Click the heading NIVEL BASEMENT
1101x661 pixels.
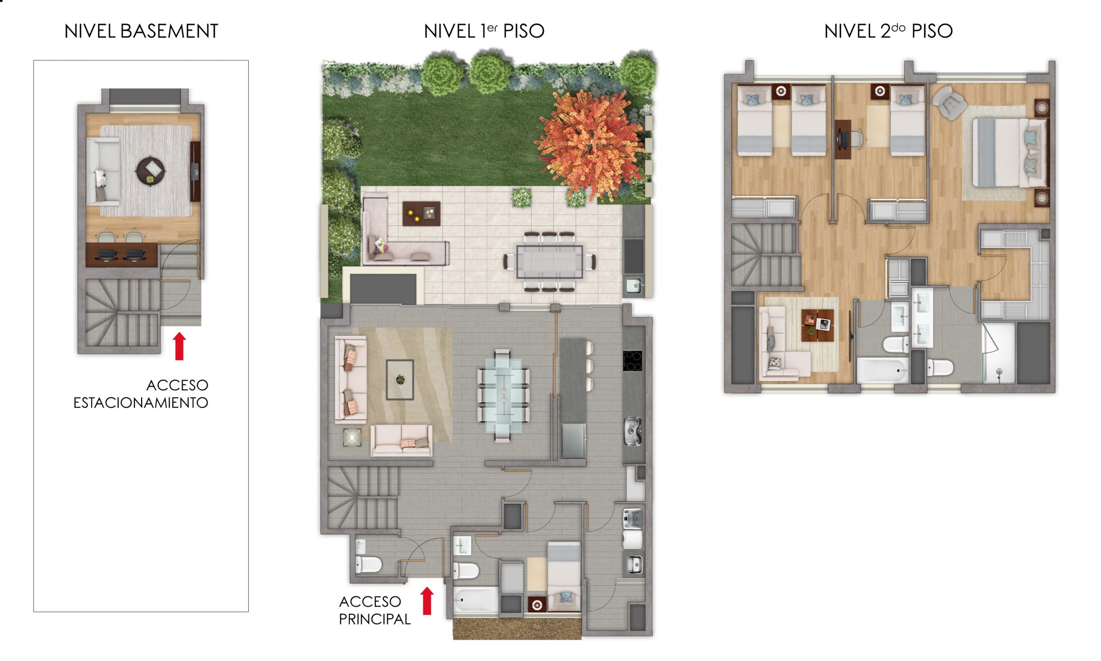[x=141, y=31]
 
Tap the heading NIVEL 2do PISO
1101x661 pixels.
[x=888, y=31]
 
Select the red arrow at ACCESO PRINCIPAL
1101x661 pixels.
[x=427, y=601]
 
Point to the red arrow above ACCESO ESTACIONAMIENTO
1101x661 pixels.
[x=179, y=346]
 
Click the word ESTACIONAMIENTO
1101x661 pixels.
[x=141, y=403]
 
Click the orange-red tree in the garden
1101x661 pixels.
[x=590, y=145]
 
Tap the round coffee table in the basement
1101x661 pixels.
[x=151, y=171]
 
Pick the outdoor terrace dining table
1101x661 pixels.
[x=550, y=262]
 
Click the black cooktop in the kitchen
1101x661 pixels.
[x=633, y=361]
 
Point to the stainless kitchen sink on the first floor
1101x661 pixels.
[x=633, y=431]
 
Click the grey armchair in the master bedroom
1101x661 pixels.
[x=950, y=103]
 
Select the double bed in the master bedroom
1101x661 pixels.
[x=1009, y=152]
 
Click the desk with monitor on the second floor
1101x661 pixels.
[x=843, y=139]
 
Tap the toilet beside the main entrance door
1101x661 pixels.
[x=369, y=564]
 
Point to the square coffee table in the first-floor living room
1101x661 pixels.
[x=400, y=379]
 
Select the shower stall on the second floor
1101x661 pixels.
[x=999, y=353]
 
